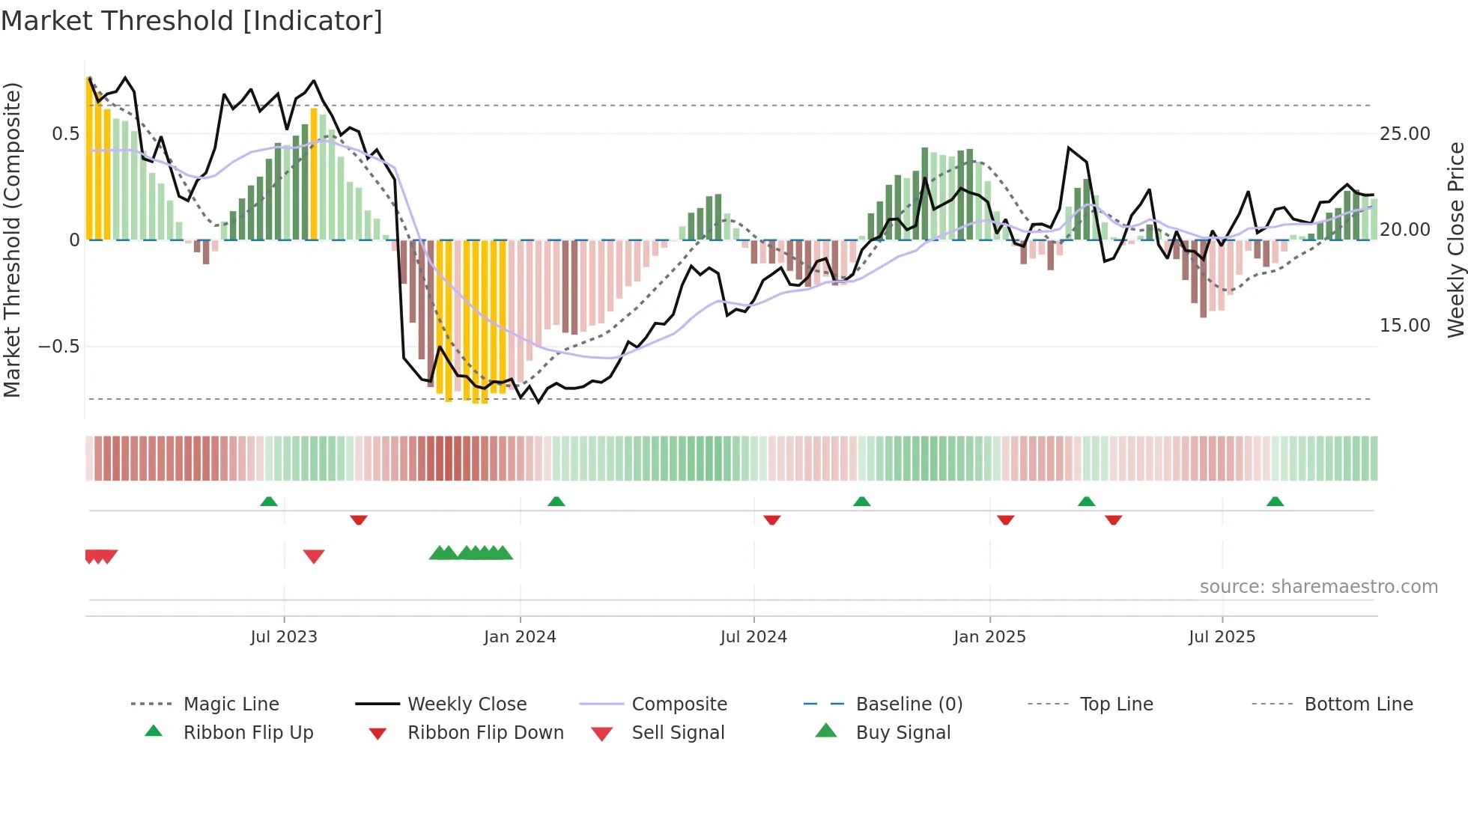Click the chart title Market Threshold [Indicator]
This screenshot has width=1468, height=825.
point(192,21)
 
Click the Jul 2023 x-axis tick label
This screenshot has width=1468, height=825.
point(284,637)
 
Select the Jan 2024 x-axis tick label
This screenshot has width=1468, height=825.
point(520,637)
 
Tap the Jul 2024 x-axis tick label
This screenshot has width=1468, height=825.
point(753,637)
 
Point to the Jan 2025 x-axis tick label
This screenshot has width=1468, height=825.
point(989,637)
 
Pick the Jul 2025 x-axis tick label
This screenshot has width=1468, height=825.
point(1222,637)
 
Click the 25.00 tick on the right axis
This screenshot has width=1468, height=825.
point(1404,134)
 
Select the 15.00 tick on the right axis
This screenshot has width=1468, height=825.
point(1404,326)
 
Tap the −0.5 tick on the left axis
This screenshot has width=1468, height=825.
point(58,347)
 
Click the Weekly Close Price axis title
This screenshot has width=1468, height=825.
point(1455,240)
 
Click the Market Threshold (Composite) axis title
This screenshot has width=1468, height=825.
point(12,240)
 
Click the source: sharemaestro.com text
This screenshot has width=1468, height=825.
point(1318,587)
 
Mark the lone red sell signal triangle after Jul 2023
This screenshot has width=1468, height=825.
point(314,556)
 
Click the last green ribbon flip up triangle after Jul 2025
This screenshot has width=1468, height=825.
point(1275,502)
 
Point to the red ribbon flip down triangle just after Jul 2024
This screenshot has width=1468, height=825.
point(772,520)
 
